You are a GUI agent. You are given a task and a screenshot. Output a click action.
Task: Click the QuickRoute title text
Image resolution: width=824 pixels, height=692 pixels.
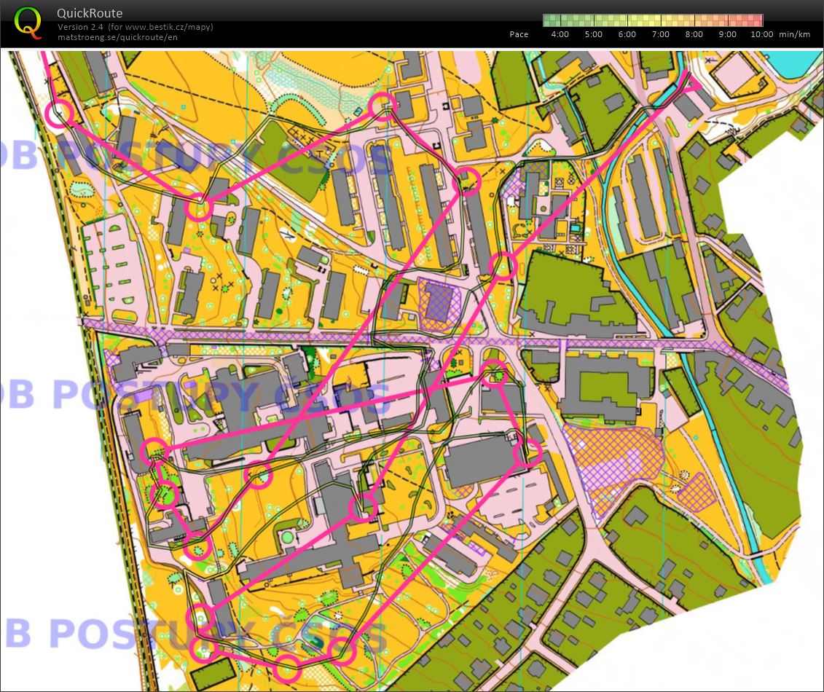tap(90, 13)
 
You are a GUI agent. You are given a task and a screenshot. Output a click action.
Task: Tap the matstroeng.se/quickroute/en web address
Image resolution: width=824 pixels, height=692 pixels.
tap(117, 36)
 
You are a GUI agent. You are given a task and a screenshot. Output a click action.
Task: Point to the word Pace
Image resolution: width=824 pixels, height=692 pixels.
tap(519, 34)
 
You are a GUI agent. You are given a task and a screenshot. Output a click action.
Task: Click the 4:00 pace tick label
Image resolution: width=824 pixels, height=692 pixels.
tap(560, 34)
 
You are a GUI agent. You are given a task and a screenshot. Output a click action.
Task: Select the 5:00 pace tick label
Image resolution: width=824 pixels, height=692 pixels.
tap(594, 34)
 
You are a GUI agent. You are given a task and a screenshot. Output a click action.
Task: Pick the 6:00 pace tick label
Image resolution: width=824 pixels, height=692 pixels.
tap(627, 34)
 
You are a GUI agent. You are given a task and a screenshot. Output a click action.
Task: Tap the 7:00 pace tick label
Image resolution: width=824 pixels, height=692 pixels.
tap(661, 34)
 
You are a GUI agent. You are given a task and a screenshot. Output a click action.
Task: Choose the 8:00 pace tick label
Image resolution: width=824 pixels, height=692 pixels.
tap(694, 34)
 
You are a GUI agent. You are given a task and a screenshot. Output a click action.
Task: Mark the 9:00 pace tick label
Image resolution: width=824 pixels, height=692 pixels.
tap(728, 34)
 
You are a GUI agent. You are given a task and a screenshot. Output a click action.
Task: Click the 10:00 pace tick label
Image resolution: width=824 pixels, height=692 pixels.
tap(761, 34)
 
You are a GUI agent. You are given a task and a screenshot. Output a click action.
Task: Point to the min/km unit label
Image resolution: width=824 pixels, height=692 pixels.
tap(794, 34)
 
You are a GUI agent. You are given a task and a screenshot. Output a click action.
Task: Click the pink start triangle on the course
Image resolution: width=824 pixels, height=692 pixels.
tap(688, 84)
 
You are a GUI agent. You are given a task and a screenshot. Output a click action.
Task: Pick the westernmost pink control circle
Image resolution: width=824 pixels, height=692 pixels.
tap(59, 113)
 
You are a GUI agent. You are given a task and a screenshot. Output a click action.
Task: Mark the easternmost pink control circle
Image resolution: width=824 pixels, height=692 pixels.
tap(528, 453)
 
